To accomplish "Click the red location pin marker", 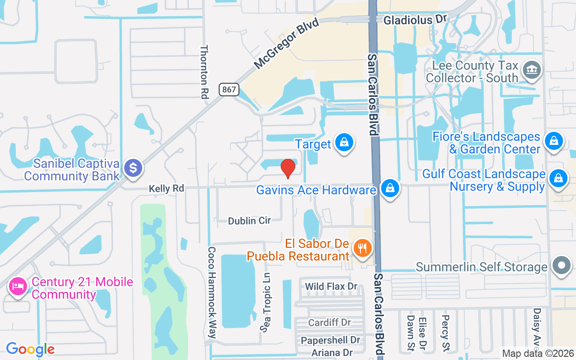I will [288, 168].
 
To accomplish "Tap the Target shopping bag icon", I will [344, 143].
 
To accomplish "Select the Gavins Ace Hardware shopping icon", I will [390, 189].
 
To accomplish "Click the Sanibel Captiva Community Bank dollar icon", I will [133, 168].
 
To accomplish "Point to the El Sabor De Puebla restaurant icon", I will [362, 247].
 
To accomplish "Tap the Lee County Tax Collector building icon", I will [532, 70].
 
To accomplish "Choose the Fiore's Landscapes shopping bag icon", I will [554, 141].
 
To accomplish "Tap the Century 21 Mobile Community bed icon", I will [18, 286].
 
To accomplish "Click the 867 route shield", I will [229, 90].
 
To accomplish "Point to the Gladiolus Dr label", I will [414, 20].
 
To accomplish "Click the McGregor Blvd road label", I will [286, 44].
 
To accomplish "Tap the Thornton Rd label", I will [205, 72].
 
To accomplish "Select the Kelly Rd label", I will [166, 189].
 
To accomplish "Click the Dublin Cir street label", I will [249, 220].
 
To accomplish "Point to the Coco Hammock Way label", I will [212, 292].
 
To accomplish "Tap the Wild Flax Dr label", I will [331, 287].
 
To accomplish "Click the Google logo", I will [30, 349].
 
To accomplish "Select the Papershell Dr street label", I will [331, 340].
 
